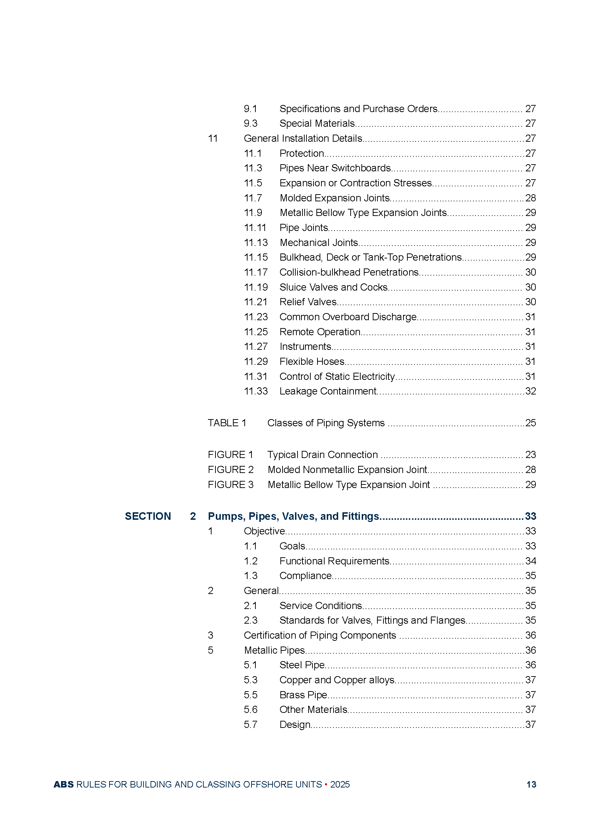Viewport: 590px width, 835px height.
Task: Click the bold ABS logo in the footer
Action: click(x=63, y=784)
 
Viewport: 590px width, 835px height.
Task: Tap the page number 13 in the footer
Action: click(x=531, y=784)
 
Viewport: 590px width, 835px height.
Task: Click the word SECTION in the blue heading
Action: click(x=148, y=517)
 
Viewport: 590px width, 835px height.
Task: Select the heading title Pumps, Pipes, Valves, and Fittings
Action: click(x=294, y=517)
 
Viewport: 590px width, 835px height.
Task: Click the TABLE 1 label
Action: click(x=227, y=423)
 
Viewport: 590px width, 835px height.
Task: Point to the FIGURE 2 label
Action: click(x=231, y=470)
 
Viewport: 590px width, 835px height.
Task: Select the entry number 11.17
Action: click(x=256, y=272)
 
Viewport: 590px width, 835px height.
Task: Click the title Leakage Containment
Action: click(x=328, y=391)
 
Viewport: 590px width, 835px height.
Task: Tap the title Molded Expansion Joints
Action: click(x=335, y=198)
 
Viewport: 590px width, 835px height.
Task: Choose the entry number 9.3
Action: click(x=251, y=124)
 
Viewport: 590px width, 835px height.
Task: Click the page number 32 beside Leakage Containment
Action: click(x=530, y=391)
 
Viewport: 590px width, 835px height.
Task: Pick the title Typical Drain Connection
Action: click(x=322, y=455)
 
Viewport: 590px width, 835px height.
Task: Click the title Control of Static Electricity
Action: click(x=337, y=376)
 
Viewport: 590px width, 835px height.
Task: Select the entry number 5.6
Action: click(x=251, y=710)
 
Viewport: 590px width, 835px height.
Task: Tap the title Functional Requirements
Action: click(x=334, y=561)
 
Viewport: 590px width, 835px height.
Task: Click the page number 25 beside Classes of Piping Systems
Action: click(x=530, y=423)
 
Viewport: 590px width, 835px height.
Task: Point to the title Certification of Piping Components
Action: click(x=320, y=635)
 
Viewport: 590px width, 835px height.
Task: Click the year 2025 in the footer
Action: click(x=340, y=784)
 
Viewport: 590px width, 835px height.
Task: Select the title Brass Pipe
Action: click(x=303, y=695)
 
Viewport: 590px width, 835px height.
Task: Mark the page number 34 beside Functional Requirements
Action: click(x=530, y=561)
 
